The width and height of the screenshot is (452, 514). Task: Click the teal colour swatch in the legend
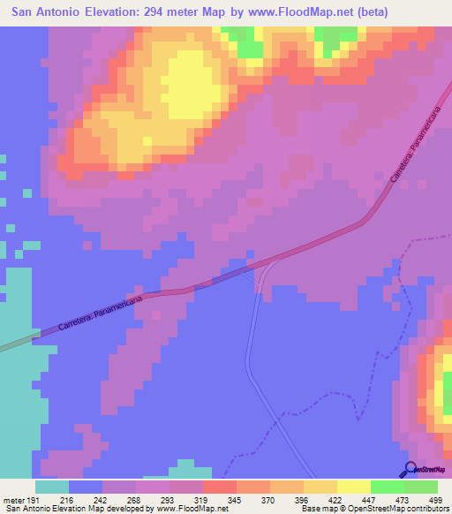coord(52,487)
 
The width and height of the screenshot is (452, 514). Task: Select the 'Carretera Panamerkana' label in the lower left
coord(95,310)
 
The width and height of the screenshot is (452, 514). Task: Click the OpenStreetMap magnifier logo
coord(411,470)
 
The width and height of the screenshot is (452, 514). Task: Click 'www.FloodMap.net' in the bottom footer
coord(191,509)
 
